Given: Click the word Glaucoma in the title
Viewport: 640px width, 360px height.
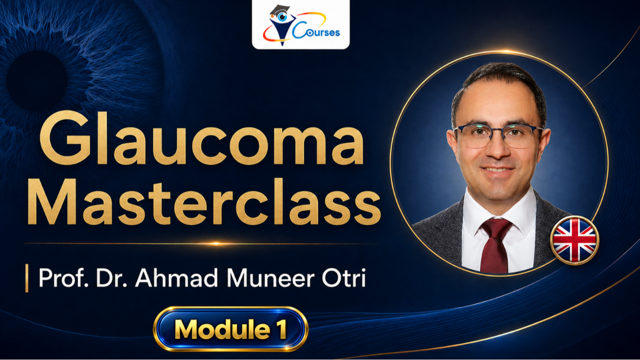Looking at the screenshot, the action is click(x=201, y=138).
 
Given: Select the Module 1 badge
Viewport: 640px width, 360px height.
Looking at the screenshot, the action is click(x=230, y=329).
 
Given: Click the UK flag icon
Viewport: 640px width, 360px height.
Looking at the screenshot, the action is click(x=574, y=240).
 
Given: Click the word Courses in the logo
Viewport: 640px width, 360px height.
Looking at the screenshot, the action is click(x=316, y=31).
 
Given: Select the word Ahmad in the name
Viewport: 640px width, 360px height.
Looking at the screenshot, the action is click(x=176, y=277).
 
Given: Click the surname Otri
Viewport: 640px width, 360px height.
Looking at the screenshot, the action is click(x=344, y=277).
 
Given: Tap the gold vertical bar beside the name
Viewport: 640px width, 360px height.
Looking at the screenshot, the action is click(x=27, y=278).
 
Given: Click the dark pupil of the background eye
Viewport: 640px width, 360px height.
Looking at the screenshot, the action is click(x=36, y=81).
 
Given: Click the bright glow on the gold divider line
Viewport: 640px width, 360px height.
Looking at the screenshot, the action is click(x=216, y=243).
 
